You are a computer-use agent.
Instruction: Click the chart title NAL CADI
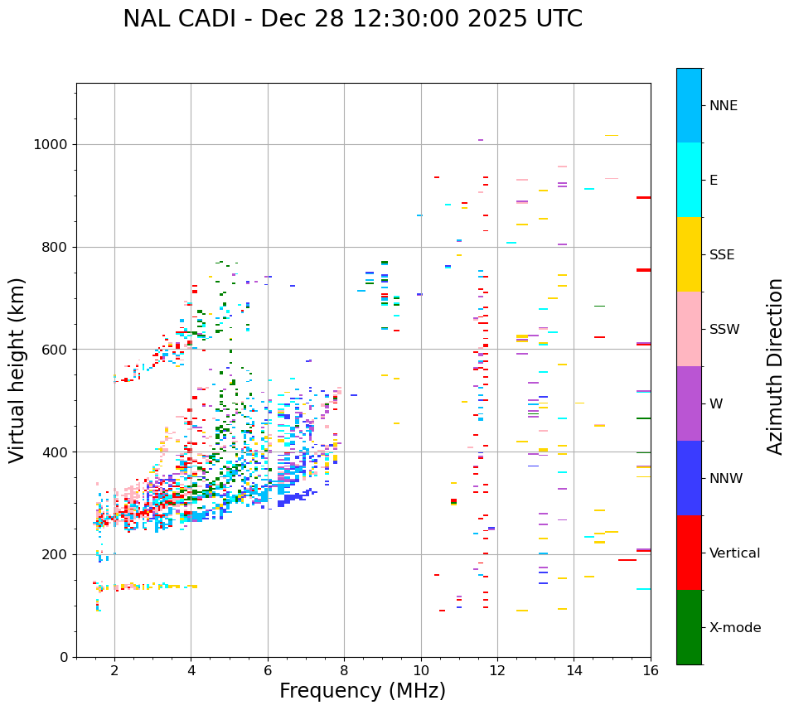tap(182, 19)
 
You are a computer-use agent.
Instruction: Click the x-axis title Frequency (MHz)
tap(362, 691)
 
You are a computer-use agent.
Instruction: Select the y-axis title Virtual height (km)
tap(17, 369)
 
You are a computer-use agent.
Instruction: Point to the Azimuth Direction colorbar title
tap(775, 366)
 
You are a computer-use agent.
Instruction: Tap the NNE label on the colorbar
tap(723, 106)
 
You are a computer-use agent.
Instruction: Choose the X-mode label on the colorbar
tap(734, 628)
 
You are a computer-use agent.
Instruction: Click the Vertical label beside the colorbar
tap(734, 553)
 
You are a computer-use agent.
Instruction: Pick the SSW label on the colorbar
tap(724, 330)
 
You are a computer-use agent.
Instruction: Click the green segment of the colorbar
tap(689, 627)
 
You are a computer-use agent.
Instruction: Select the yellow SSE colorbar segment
tap(689, 254)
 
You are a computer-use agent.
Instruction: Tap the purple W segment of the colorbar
tap(689, 403)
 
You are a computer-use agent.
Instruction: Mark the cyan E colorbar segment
tap(689, 180)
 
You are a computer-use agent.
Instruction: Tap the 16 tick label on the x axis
tap(651, 670)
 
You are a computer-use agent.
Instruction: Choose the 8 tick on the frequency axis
tap(344, 670)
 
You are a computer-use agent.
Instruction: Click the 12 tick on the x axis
tap(497, 670)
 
